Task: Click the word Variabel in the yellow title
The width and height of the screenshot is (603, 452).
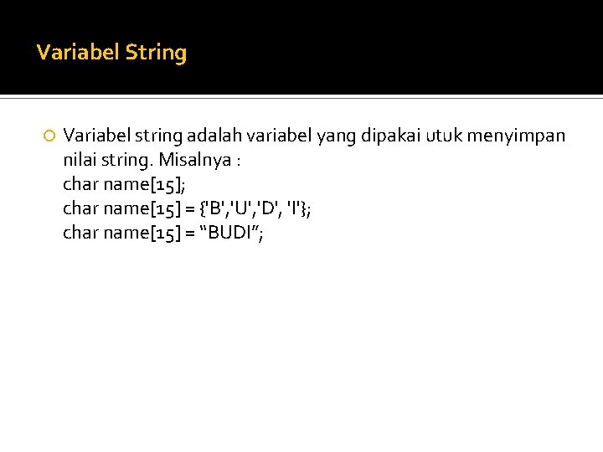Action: point(78,54)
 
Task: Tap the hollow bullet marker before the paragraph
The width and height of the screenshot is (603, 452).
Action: point(49,136)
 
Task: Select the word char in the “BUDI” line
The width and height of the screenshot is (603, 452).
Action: point(80,233)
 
